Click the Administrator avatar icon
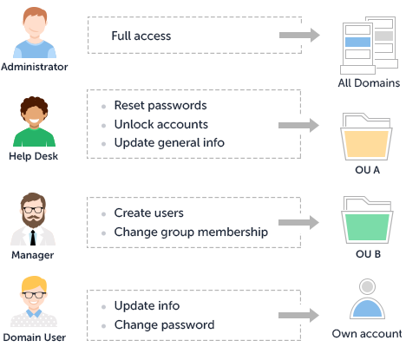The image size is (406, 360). click(x=35, y=32)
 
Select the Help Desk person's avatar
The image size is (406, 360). click(x=34, y=121)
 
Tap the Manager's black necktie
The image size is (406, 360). click(x=33, y=238)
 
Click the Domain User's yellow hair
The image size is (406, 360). click(x=34, y=285)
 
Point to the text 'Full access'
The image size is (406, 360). click(x=141, y=36)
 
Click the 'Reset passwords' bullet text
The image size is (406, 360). click(x=160, y=105)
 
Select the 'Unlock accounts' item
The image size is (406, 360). click(x=161, y=124)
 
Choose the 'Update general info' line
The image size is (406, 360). click(x=169, y=143)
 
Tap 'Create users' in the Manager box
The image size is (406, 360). click(x=149, y=213)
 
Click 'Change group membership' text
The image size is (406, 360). click(x=191, y=232)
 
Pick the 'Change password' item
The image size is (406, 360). click(x=165, y=324)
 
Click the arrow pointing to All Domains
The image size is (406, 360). click(x=299, y=36)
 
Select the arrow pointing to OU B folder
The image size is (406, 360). click(x=298, y=222)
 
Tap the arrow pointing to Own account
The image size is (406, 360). click(x=298, y=315)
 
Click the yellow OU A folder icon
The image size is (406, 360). click(x=366, y=137)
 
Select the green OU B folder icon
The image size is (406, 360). click(x=367, y=220)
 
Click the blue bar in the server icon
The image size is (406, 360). click(x=357, y=42)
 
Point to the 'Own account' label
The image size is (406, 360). click(x=367, y=334)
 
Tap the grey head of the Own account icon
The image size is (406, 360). click(x=367, y=286)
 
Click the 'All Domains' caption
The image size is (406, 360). click(x=369, y=83)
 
